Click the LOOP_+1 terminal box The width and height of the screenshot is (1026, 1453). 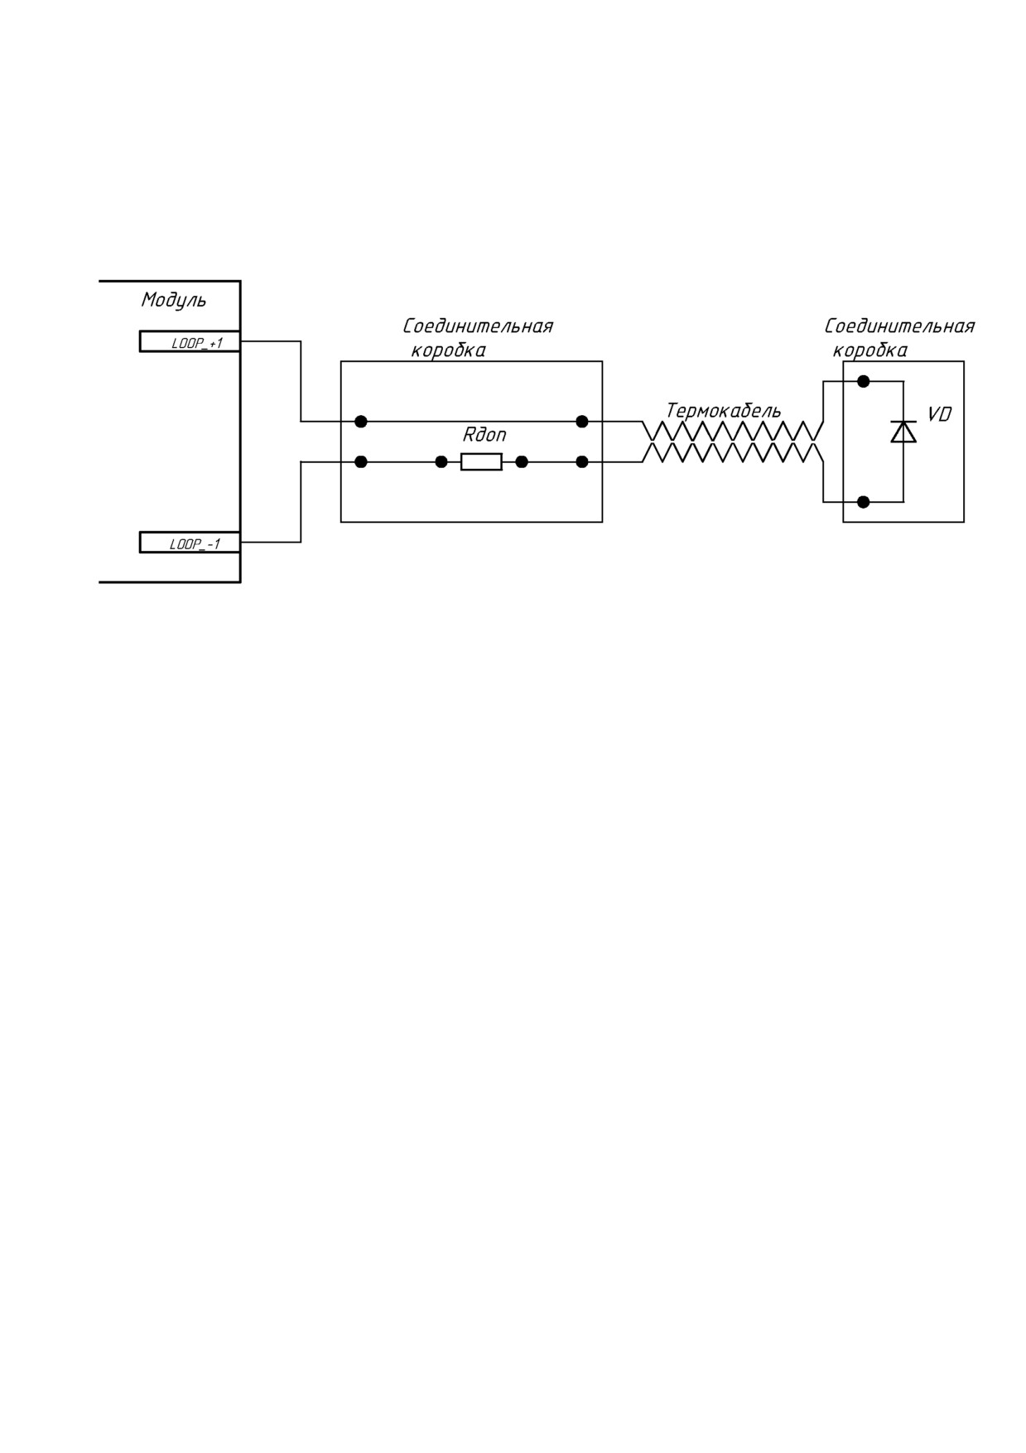tap(190, 341)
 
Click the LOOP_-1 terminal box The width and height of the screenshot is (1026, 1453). tap(190, 543)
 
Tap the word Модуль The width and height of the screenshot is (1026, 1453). tap(174, 300)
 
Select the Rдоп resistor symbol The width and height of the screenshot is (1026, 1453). tap(481, 462)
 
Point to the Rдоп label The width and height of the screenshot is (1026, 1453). tap(484, 435)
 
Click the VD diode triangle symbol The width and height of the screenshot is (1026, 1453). tap(903, 432)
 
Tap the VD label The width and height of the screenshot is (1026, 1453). tap(939, 414)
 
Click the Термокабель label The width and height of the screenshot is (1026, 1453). tap(723, 411)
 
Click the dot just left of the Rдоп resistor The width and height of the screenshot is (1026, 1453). tap(441, 462)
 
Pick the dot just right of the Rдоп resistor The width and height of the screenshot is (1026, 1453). tap(522, 462)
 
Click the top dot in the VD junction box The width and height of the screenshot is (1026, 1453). tap(863, 381)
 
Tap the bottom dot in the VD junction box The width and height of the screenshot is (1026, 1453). tap(863, 502)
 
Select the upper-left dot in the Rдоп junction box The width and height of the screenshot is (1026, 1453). tap(361, 422)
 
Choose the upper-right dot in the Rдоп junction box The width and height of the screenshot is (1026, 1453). tap(582, 422)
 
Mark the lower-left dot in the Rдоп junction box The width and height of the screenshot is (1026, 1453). tap(361, 462)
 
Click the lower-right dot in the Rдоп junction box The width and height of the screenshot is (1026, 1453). tap(582, 462)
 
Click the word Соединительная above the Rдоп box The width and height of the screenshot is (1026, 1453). tap(478, 326)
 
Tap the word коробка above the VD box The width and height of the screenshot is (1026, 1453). tap(869, 350)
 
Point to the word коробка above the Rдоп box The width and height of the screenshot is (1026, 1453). tap(448, 350)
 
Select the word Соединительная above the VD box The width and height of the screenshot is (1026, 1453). tap(899, 326)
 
